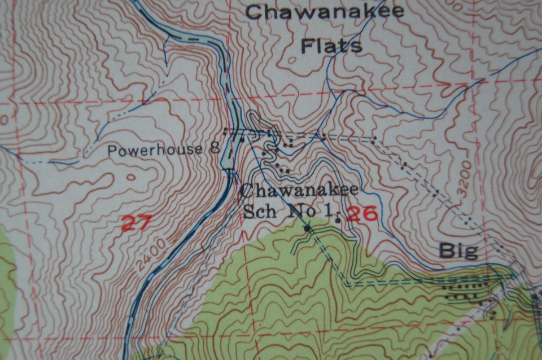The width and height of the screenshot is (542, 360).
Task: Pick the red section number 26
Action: tap(361, 213)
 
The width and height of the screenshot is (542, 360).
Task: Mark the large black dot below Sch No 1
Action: tap(307, 229)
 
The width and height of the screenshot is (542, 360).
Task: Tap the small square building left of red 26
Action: tap(338, 219)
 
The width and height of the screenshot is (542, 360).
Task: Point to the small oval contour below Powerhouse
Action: tap(131, 177)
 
